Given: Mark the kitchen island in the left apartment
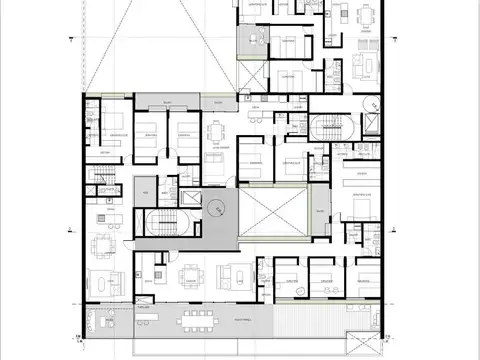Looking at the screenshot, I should [x=105, y=217].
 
